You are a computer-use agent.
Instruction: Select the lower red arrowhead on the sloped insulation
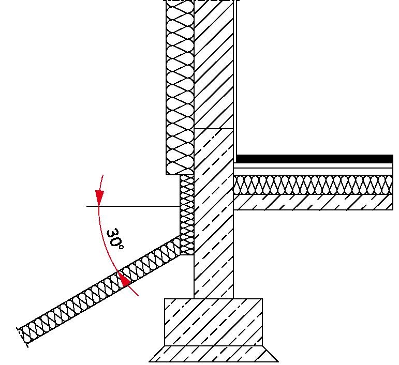pyautogui.click(x=124, y=280)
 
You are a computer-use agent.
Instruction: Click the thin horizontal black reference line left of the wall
pyautogui.click(x=134, y=206)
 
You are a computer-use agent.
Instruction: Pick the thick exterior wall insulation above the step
pyautogui.click(x=180, y=87)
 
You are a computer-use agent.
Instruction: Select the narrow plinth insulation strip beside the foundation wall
pyautogui.click(x=187, y=215)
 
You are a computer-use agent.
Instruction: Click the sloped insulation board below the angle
pyautogui.click(x=99, y=289)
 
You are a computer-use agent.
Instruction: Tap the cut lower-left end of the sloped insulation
pyautogui.click(x=22, y=337)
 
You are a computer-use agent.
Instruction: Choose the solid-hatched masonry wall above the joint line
pyautogui.click(x=214, y=64)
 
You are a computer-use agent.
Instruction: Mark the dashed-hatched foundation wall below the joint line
pyautogui.click(x=214, y=214)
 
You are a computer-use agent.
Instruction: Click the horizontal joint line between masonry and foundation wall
pyautogui.click(x=214, y=129)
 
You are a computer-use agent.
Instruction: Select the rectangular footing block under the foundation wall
pyautogui.click(x=213, y=322)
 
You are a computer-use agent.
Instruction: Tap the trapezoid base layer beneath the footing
pyautogui.click(x=213, y=354)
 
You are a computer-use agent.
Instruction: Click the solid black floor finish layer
pyautogui.click(x=315, y=159)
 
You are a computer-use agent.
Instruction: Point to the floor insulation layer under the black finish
pyautogui.click(x=313, y=185)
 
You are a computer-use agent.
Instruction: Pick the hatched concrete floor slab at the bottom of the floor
pyautogui.click(x=313, y=202)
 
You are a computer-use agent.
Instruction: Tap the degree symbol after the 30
pyautogui.click(x=122, y=247)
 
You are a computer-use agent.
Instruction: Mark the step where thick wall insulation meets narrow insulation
pyautogui.click(x=180, y=175)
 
